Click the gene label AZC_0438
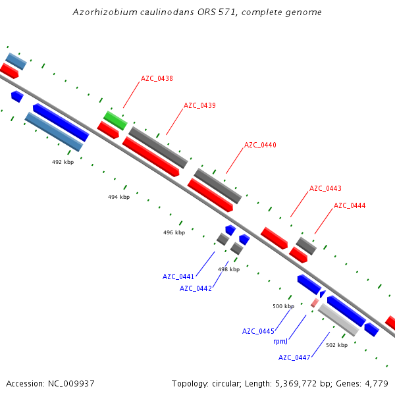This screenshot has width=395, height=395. pyautogui.click(x=157, y=78)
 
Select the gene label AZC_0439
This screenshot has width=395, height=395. pyautogui.click(x=199, y=105)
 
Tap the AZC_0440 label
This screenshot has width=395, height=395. pyautogui.click(x=260, y=145)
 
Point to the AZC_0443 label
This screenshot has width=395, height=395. pyautogui.click(x=325, y=188)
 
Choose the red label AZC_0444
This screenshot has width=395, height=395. pyautogui.click(x=350, y=205)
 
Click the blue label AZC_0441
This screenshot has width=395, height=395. pyautogui.click(x=178, y=276)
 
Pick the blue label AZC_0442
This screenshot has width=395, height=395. pyautogui.click(x=196, y=288)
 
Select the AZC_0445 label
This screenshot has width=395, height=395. pyautogui.click(x=258, y=330)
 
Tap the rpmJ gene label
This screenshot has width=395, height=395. pyautogui.click(x=280, y=341)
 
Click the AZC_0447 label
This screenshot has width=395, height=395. pyautogui.click(x=294, y=357)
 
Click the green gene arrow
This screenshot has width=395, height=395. pyautogui.click(x=115, y=120)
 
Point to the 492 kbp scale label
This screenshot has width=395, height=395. pyautogui.click(x=63, y=161)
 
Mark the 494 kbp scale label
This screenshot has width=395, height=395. pyautogui.click(x=118, y=197)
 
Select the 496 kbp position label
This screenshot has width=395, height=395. pyautogui.click(x=174, y=232)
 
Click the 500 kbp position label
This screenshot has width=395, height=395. pyautogui.click(x=283, y=306)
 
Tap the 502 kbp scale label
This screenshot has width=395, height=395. pyautogui.click(x=336, y=345)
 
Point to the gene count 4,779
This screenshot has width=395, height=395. pyautogui.click(x=375, y=383)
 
